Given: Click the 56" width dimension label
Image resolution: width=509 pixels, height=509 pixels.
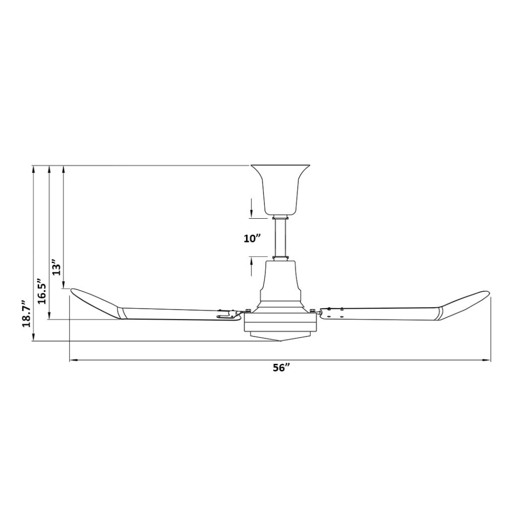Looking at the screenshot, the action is (x=281, y=368).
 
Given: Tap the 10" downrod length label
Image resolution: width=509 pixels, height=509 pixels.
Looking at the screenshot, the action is (x=253, y=238).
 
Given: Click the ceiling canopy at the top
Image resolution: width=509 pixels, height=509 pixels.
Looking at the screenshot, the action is (x=280, y=189).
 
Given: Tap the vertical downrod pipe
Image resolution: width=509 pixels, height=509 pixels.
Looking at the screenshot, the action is (x=280, y=238).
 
